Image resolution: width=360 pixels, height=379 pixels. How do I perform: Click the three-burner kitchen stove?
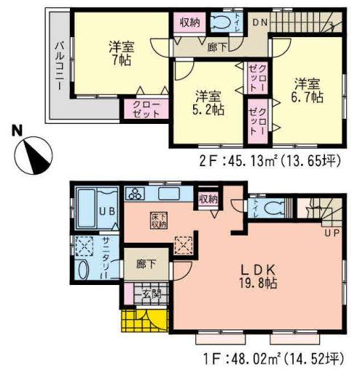(x=136, y=193)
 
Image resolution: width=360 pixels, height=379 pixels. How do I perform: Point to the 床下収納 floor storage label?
(x=157, y=219)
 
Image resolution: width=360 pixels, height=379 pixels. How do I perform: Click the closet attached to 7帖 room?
(x=146, y=109)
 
